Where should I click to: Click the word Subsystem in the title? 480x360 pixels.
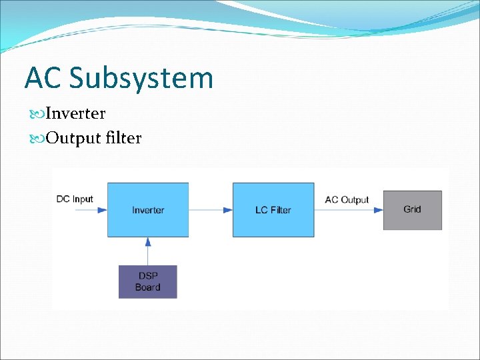(141, 78)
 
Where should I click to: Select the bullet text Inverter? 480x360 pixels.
(75, 113)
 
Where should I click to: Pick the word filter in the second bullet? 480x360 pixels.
(123, 138)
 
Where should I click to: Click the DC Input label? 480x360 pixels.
(75, 199)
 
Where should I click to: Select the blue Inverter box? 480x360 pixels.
(148, 210)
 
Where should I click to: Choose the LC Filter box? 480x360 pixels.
(273, 210)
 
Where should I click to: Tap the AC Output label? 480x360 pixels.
(347, 199)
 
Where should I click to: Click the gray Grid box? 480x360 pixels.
(412, 210)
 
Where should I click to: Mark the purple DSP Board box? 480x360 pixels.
(147, 281)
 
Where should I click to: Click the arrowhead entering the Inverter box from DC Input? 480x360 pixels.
(102, 210)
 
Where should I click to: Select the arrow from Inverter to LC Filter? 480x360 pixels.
(210, 210)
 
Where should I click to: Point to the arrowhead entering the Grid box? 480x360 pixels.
(379, 210)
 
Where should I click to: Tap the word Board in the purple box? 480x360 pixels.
(147, 287)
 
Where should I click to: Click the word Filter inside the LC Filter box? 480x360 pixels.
(281, 210)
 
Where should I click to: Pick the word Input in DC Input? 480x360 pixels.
(83, 199)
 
